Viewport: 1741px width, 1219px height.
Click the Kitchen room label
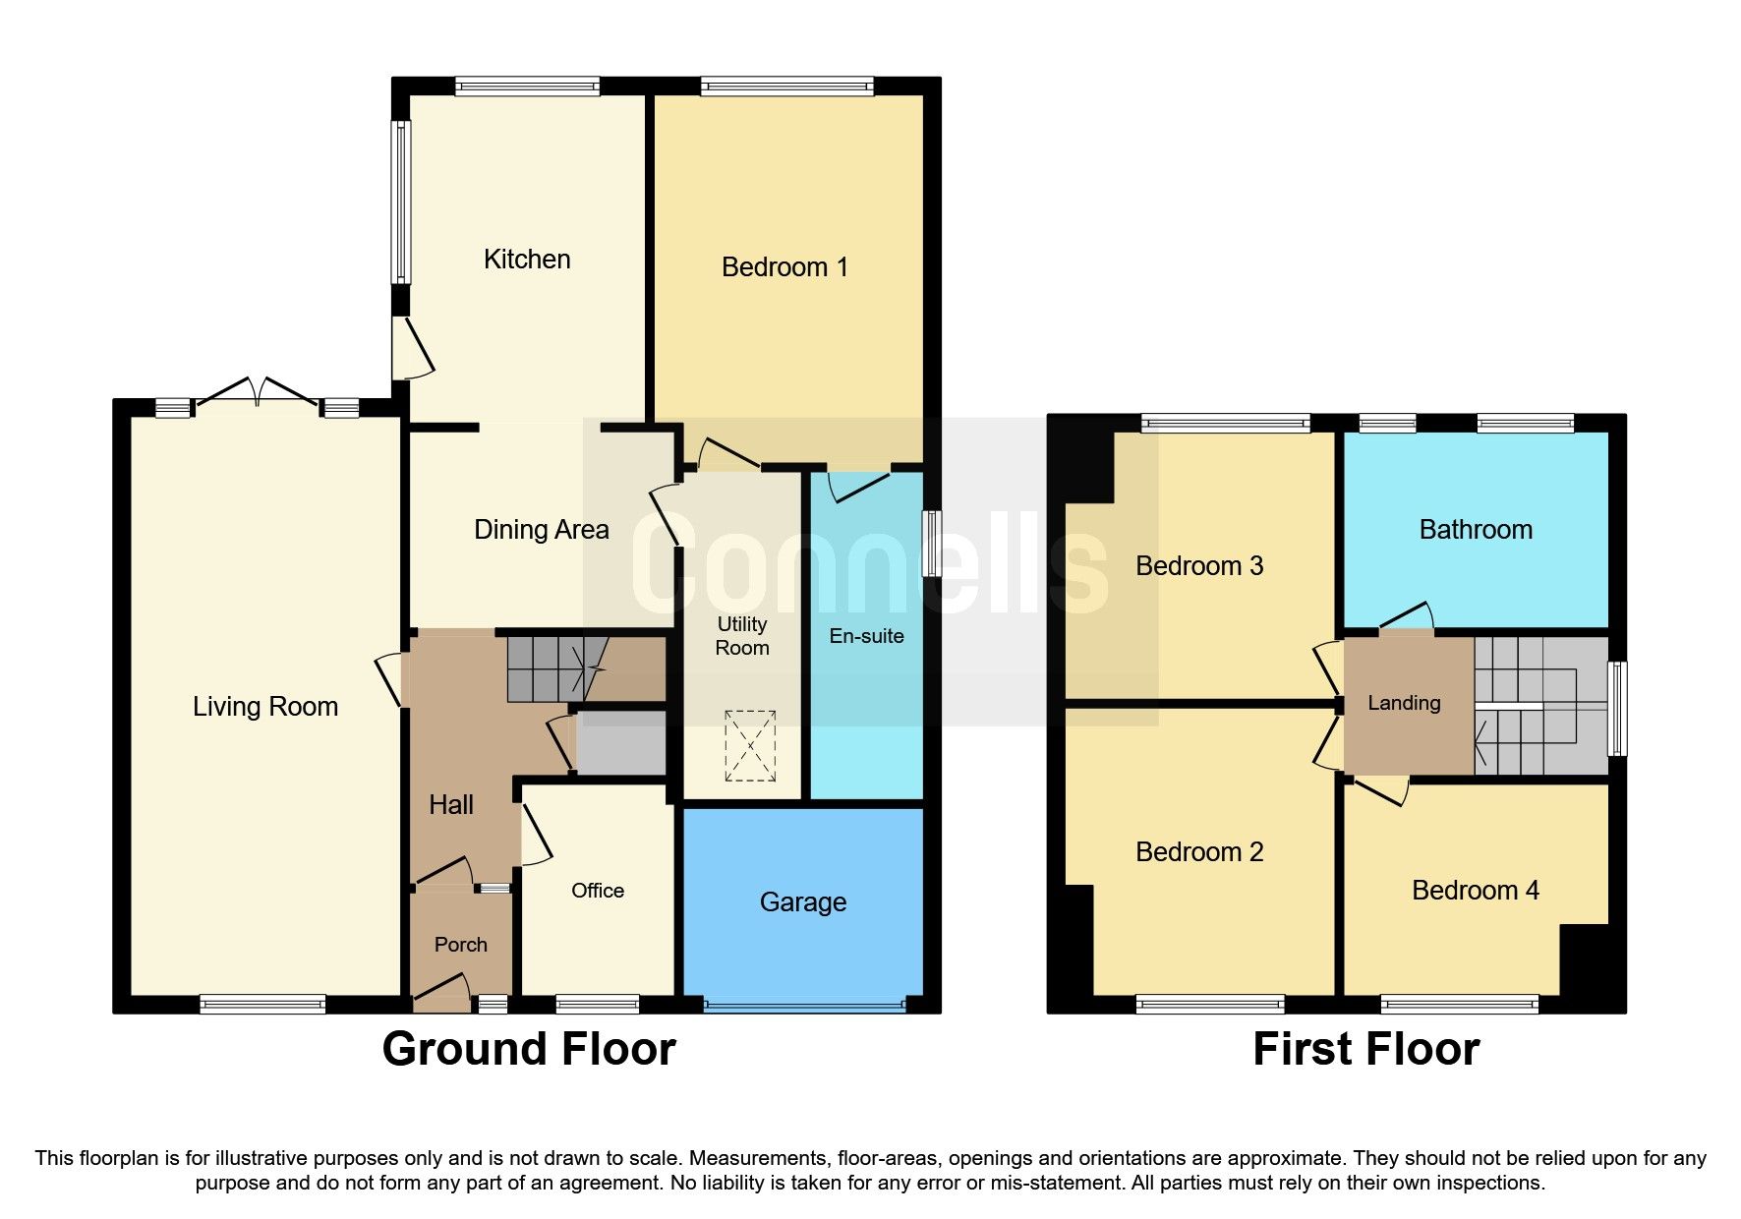[x=527, y=260]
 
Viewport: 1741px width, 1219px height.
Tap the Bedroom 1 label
[x=784, y=267]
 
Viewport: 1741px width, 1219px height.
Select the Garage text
[x=803, y=902]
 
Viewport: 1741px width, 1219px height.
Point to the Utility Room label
[x=742, y=636]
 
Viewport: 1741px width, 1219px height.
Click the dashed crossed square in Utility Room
[x=750, y=746]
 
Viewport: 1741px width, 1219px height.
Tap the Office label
[x=598, y=891]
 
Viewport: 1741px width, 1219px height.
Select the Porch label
[x=461, y=945]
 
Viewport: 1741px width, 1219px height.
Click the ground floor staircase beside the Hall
[x=555, y=669]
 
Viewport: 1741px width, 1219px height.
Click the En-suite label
[x=866, y=636]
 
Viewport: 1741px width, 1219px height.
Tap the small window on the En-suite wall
[x=930, y=543]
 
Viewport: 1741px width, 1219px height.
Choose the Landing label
[x=1404, y=703]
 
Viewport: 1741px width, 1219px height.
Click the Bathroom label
[x=1476, y=530]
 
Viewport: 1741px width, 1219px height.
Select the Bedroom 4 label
[x=1476, y=891]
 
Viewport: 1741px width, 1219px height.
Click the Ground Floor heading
[x=529, y=1049]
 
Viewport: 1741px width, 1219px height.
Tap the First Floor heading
[x=1365, y=1049]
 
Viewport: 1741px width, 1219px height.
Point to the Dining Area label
[x=542, y=530]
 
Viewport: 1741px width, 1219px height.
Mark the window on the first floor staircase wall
[x=1616, y=709]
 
